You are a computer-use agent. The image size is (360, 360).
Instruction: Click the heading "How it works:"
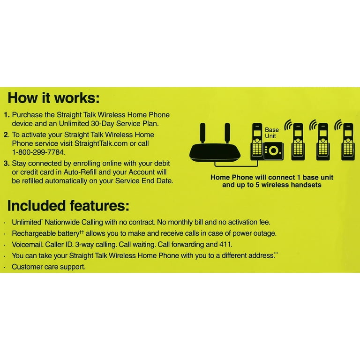coord(54,98)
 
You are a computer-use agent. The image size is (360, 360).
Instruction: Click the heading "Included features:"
coord(68,206)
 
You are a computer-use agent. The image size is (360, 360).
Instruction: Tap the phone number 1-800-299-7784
coord(38,152)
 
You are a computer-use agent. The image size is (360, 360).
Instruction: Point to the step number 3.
coord(7,164)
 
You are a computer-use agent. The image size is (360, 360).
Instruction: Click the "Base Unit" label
coord(272,133)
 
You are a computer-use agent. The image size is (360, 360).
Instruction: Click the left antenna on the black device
coord(202,133)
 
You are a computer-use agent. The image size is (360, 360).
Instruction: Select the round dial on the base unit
coord(274,150)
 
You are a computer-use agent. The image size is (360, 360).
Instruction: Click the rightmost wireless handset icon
coord(348,142)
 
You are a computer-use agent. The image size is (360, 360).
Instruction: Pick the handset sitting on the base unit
coord(257,141)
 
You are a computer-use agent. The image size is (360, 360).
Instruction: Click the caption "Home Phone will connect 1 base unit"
coord(272,177)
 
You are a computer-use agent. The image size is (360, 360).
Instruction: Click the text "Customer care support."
coord(49,267)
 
